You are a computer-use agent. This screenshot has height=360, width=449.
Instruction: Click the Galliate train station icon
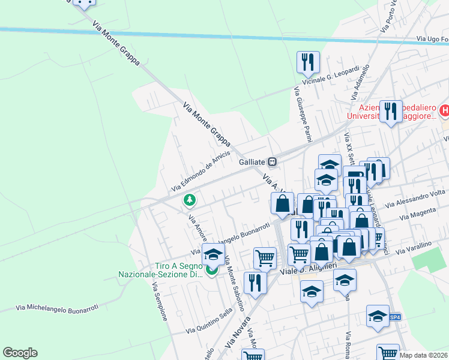click(273, 161)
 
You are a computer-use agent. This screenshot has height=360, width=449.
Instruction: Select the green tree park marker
click(190, 199)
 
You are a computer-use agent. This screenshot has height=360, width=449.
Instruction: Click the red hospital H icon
click(444, 110)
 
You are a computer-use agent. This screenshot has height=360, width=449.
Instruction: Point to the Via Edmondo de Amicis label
click(201, 172)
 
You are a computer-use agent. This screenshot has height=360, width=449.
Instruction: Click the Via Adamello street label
click(358, 85)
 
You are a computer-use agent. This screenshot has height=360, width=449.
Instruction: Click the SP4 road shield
click(394, 317)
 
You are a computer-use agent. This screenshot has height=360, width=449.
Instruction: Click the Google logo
click(20, 353)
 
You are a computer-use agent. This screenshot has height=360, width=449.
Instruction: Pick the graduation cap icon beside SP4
click(376, 316)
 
